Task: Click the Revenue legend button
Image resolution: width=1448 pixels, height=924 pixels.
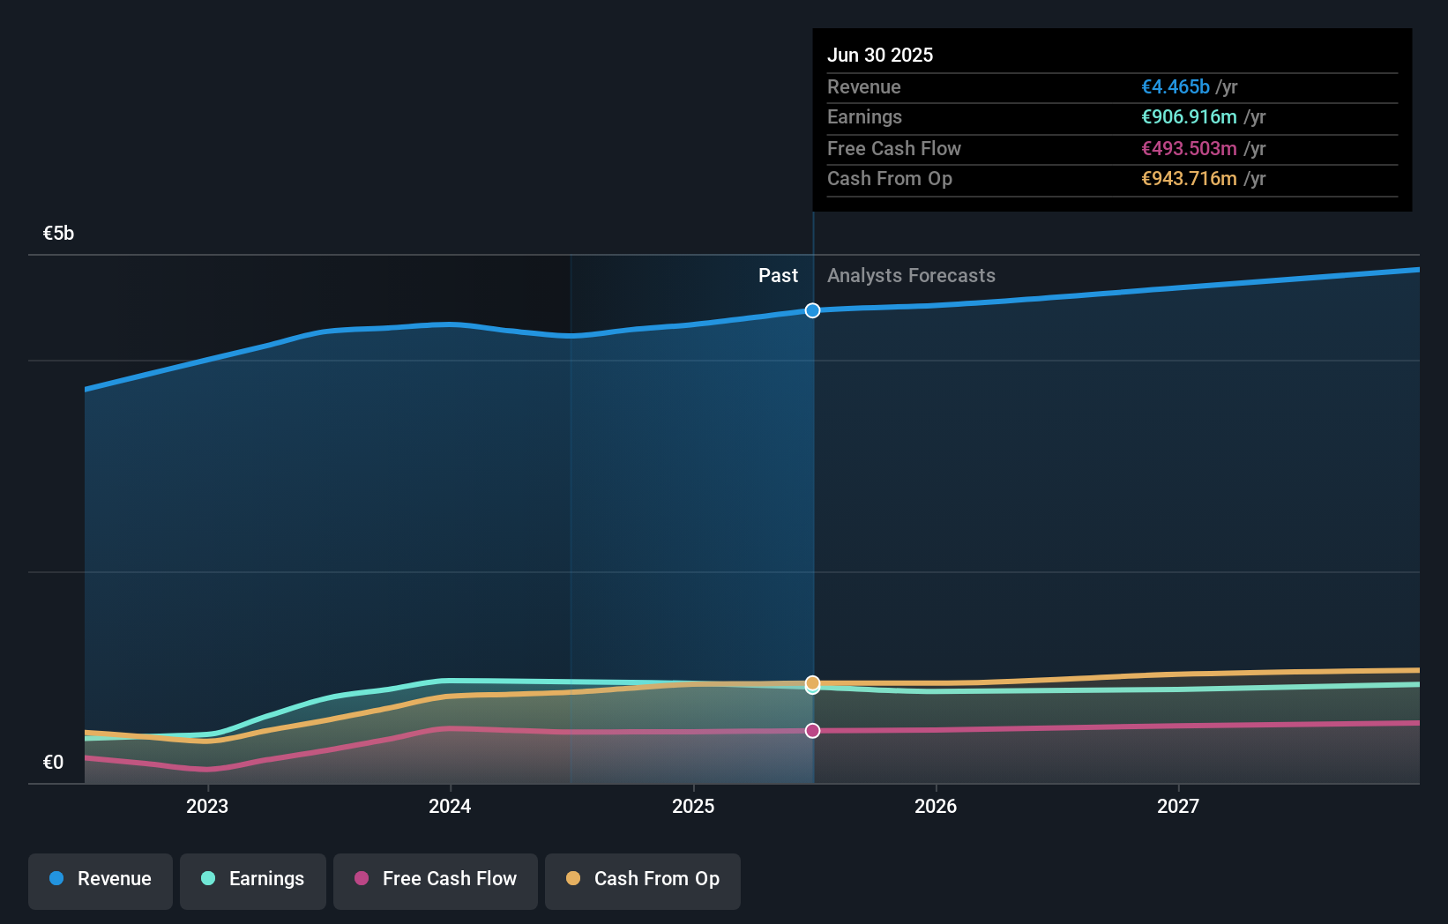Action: pos(101,879)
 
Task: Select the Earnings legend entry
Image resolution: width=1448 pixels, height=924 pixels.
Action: pos(253,879)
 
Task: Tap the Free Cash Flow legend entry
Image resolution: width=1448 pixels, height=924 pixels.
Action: pos(436,879)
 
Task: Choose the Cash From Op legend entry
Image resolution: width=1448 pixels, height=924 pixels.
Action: pos(643,879)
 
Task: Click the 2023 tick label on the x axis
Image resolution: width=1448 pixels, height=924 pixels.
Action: pos(207,806)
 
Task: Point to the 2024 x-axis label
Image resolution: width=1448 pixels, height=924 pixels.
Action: pos(450,806)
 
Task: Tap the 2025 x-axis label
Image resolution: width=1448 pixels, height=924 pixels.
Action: pos(693,806)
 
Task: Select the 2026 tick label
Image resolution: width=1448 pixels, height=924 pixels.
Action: pos(936,806)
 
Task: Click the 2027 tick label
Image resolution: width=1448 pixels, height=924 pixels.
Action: pos(1178,806)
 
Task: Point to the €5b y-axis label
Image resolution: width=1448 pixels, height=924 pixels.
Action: pos(58,234)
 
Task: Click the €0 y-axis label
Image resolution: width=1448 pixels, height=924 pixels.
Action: pos(53,763)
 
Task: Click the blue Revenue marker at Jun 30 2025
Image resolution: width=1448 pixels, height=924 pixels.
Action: pos(812,310)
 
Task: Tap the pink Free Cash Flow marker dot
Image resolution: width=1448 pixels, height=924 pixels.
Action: pos(812,731)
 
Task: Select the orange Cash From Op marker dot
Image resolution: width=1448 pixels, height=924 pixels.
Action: pos(812,682)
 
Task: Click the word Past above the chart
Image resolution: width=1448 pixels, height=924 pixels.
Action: pos(778,276)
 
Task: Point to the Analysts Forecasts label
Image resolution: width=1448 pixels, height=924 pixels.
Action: pos(911,276)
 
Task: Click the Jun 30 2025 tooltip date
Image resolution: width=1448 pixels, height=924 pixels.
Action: pos(879,55)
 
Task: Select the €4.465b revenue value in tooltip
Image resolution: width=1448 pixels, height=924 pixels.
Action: pos(1175,87)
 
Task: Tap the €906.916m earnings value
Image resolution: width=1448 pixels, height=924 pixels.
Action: pos(1189,117)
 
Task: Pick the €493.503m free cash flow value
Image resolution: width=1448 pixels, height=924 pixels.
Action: pos(1189,149)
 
